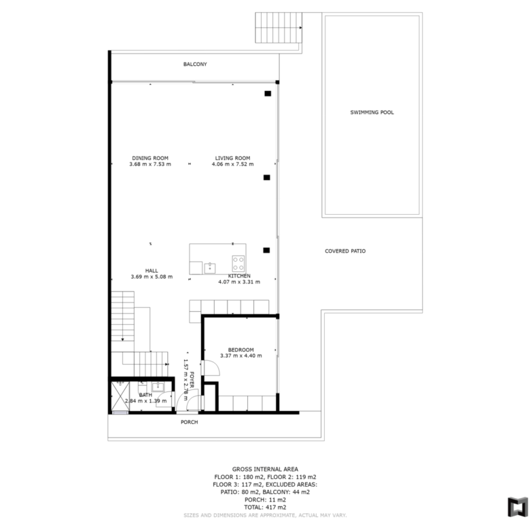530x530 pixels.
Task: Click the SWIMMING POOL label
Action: [372, 113]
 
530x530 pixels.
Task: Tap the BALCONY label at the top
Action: [195, 65]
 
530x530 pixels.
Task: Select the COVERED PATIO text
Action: [345, 251]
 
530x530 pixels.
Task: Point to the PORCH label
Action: [190, 422]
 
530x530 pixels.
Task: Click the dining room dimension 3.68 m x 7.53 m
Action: [150, 164]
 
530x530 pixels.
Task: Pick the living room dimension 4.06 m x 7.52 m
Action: [232, 164]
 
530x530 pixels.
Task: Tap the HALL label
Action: [152, 270]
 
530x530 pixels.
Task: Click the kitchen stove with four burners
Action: [238, 264]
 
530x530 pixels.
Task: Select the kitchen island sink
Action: [210, 268]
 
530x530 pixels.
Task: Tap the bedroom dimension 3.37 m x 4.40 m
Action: [241, 355]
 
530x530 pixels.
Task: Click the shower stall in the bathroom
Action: [120, 396]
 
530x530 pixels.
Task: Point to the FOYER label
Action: [192, 380]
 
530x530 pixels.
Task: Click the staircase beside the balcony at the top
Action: [279, 28]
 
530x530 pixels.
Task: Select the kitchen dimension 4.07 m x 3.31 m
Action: [239, 282]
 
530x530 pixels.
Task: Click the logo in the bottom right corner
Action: [518, 507]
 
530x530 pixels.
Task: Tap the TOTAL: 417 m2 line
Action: [265, 508]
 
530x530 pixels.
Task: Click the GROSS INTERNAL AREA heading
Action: [265, 469]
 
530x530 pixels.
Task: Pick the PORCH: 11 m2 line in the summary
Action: [265, 500]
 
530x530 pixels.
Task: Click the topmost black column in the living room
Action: [268, 94]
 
